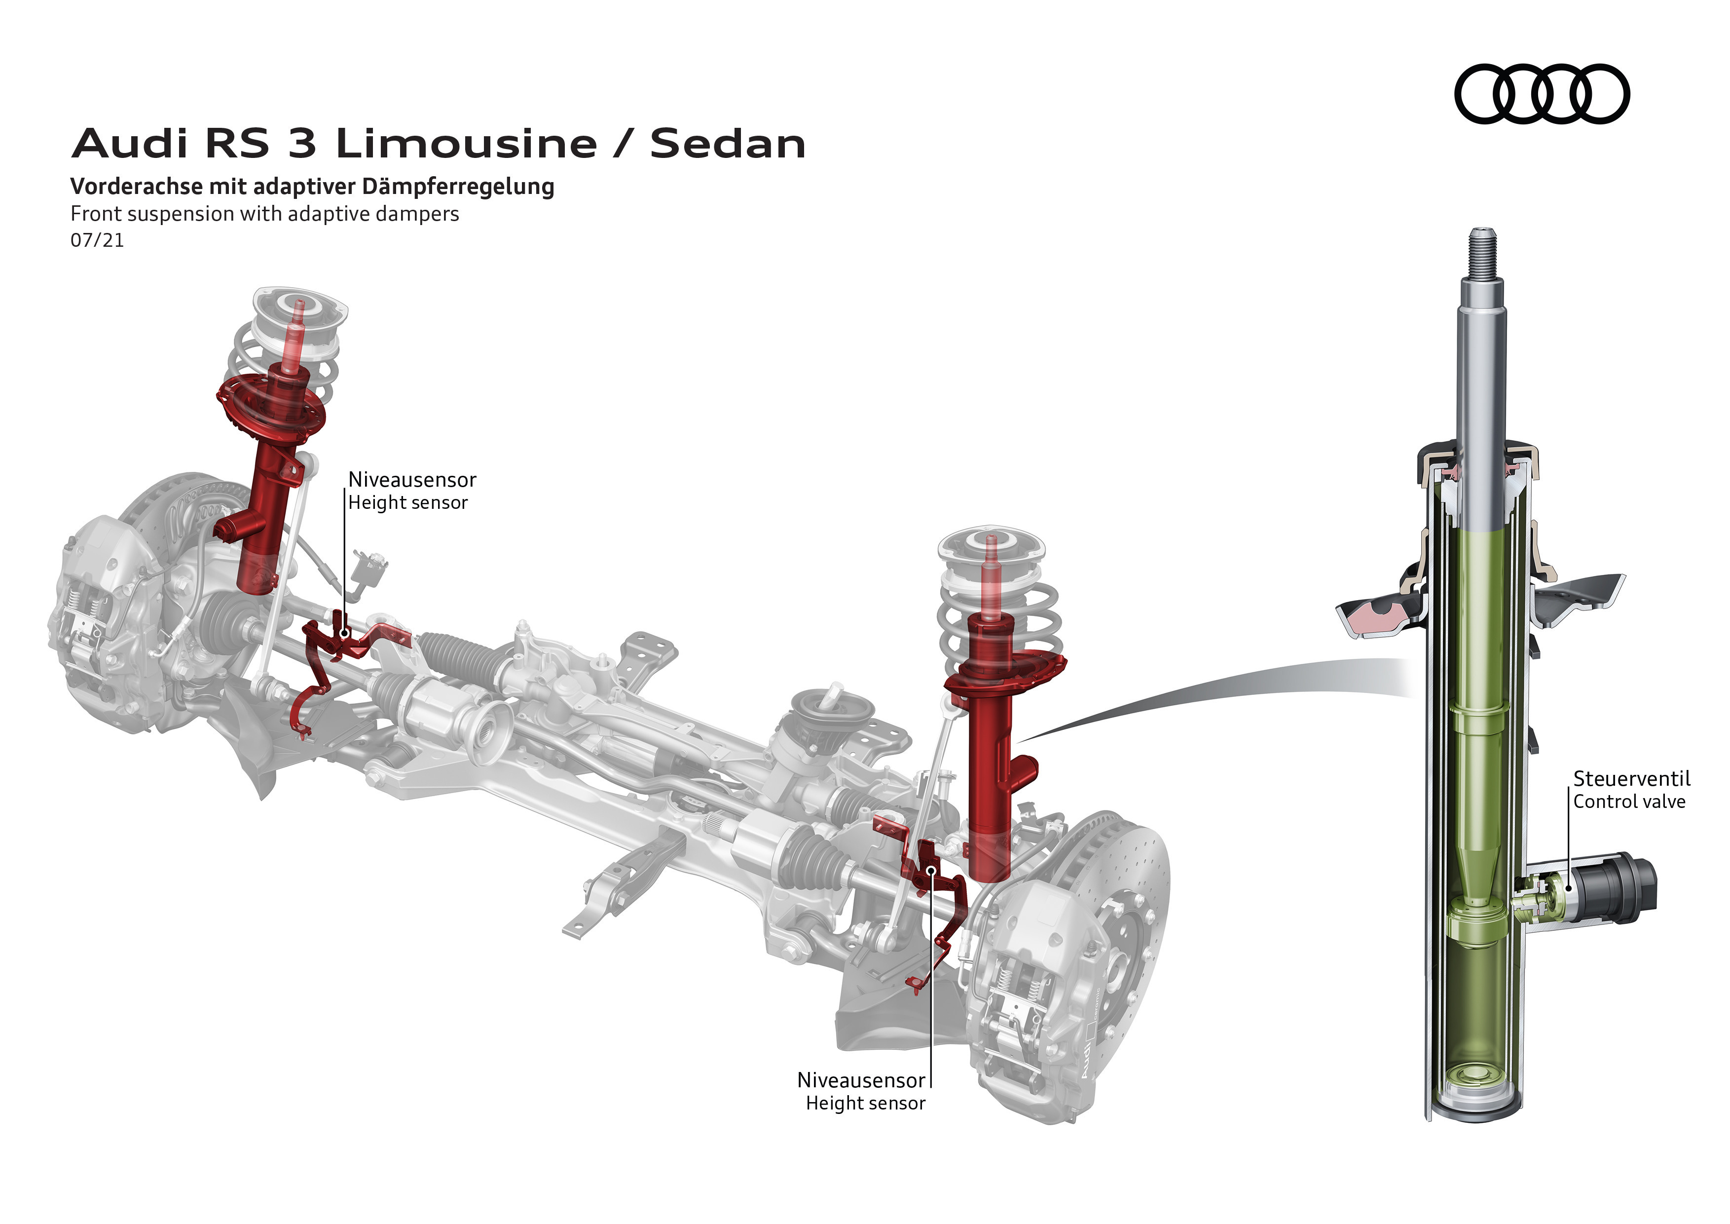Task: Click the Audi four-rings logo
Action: pyautogui.click(x=1542, y=93)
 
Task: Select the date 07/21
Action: pyautogui.click(x=97, y=240)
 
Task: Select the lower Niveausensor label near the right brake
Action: pyautogui.click(x=861, y=1080)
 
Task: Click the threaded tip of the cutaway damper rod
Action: pyautogui.click(x=1482, y=253)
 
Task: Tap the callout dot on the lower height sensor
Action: pyautogui.click(x=931, y=871)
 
